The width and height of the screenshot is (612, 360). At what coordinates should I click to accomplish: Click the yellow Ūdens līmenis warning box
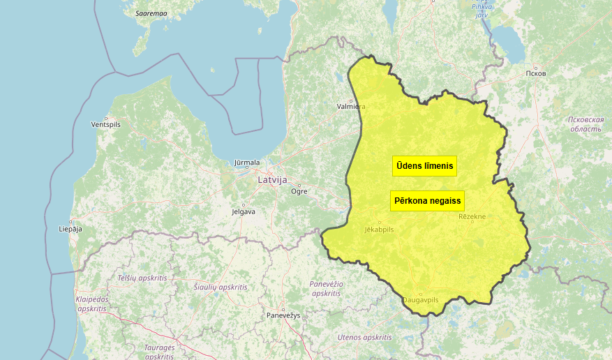[x=425, y=166]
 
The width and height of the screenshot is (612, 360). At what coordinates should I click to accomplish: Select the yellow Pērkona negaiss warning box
[x=428, y=201]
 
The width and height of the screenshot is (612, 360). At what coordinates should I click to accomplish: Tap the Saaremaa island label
[x=151, y=13]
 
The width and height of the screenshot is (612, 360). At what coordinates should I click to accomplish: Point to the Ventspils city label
[x=106, y=124]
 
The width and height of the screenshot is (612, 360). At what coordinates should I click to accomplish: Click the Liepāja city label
[x=70, y=229]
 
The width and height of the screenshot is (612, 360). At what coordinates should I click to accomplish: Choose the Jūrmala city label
[x=247, y=163]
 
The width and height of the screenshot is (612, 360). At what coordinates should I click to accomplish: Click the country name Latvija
[x=272, y=179]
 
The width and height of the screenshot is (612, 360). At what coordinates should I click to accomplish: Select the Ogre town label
[x=299, y=190]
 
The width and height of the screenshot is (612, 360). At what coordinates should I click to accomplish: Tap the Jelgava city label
[x=244, y=211]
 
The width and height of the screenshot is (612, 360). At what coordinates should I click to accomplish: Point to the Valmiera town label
[x=351, y=107]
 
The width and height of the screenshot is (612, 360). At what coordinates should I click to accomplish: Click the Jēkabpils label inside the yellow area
[x=380, y=229]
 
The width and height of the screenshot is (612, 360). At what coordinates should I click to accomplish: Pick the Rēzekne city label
[x=472, y=217]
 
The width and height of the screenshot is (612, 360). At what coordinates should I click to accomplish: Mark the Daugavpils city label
[x=420, y=300]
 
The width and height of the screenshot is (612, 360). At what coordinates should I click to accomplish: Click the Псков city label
[x=535, y=73]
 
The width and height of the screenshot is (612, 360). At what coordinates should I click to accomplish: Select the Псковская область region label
[x=585, y=124]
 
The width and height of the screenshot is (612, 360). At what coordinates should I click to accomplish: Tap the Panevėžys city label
[x=283, y=315]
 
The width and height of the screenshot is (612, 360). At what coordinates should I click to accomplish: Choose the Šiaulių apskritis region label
[x=221, y=287]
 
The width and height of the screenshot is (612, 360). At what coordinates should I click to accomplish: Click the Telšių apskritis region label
[x=142, y=278]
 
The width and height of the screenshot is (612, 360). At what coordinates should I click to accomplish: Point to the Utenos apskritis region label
[x=364, y=337]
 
